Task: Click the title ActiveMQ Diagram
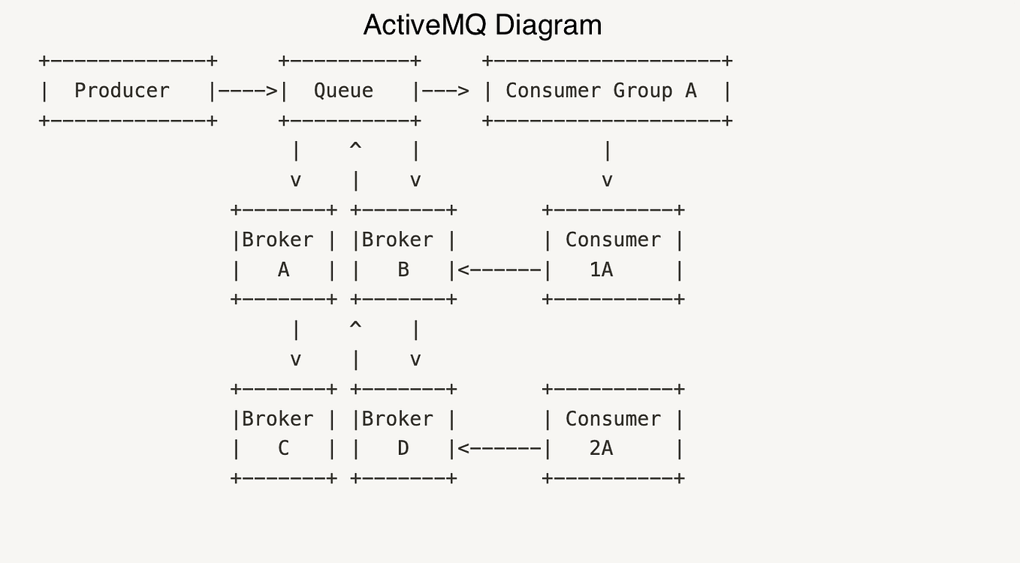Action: (482, 26)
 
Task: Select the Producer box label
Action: (122, 91)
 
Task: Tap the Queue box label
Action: (343, 91)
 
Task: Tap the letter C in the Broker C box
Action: (283, 449)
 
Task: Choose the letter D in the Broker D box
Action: (403, 449)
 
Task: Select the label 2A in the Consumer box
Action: (601, 449)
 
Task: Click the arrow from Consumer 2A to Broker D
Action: (499, 449)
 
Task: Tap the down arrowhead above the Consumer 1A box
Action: (607, 181)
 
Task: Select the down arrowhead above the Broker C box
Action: (295, 360)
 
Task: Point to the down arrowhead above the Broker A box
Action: (295, 181)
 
